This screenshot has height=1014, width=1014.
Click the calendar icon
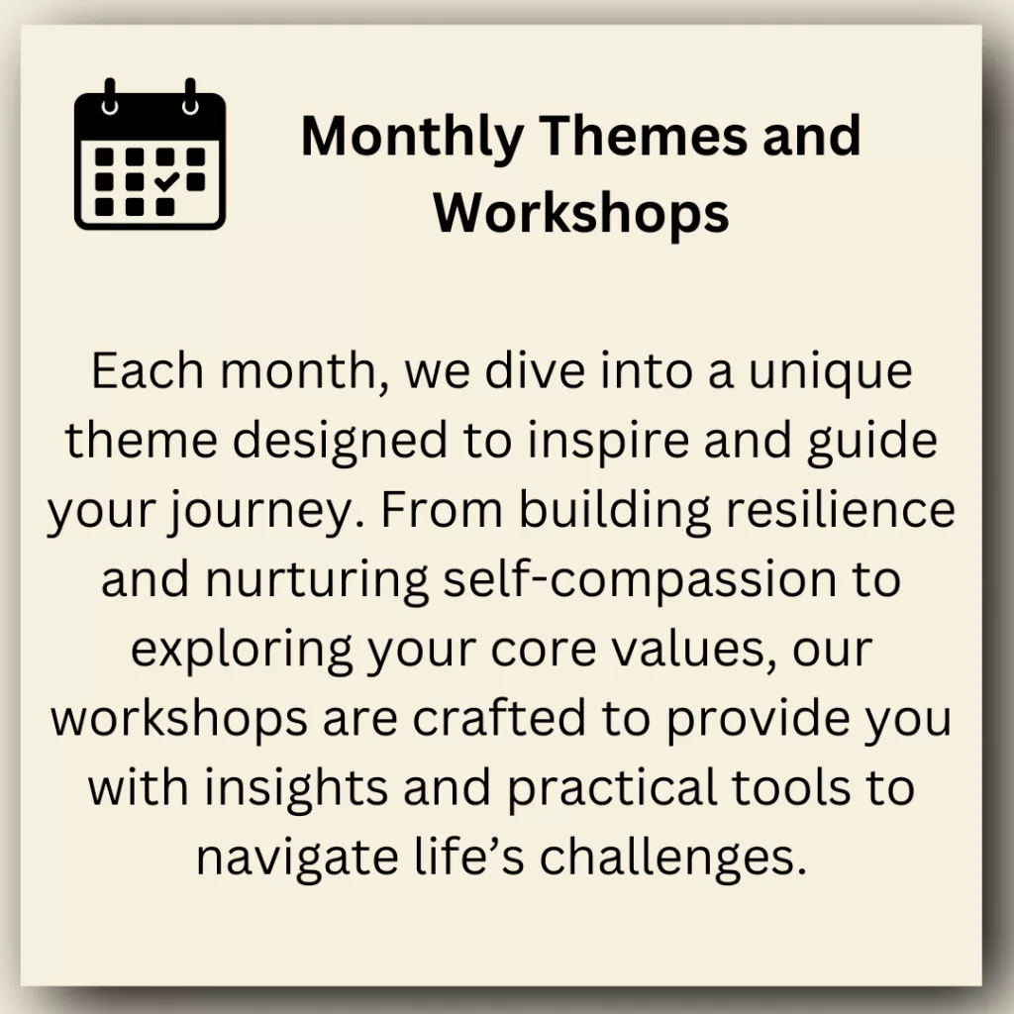click(151, 154)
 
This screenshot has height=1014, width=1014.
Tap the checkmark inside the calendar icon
click(166, 181)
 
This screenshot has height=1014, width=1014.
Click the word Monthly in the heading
click(412, 137)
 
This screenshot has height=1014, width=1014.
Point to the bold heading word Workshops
click(581, 214)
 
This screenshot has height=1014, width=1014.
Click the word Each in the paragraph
click(148, 371)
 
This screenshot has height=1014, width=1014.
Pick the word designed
click(341, 442)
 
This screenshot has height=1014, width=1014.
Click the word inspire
click(609, 442)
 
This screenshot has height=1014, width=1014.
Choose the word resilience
click(841, 509)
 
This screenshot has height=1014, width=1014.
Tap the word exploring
click(242, 651)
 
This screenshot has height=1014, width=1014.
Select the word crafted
click(499, 717)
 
